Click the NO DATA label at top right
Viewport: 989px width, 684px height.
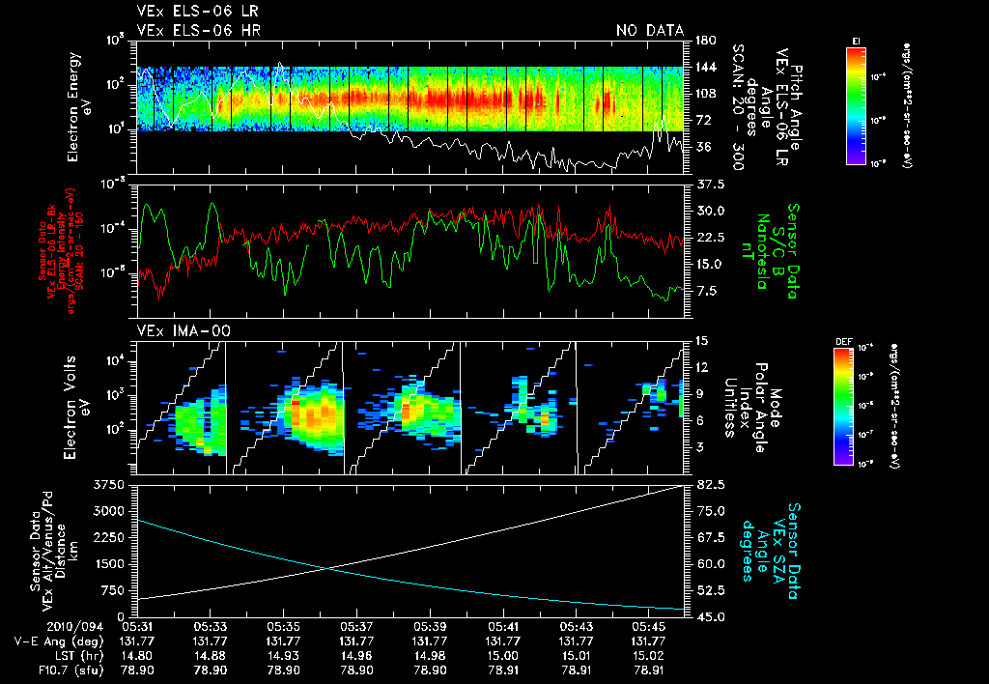(650, 31)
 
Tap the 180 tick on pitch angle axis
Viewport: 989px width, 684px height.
(704, 41)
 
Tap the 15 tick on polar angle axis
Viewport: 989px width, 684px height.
(702, 341)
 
